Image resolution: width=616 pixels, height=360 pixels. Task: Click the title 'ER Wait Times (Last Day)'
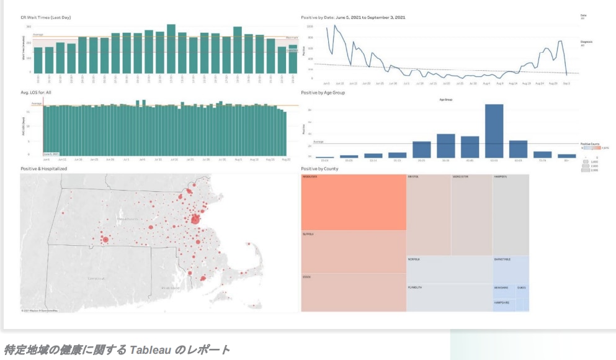[45, 17]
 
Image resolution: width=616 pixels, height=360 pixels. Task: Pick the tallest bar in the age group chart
[494, 131]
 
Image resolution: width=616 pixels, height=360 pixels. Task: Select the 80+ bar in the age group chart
[566, 156]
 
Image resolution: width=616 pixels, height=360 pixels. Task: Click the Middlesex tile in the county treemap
[354, 202]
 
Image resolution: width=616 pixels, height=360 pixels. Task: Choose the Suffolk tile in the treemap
[354, 252]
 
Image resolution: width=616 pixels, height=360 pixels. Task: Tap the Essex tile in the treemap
[354, 292]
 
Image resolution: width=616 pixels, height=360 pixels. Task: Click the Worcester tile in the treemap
[471, 215]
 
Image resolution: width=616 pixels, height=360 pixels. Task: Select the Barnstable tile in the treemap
[511, 269]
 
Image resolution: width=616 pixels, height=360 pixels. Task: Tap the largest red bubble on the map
[195, 219]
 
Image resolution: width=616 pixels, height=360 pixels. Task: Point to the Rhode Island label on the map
[171, 288]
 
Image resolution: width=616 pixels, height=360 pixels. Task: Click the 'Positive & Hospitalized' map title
[43, 168]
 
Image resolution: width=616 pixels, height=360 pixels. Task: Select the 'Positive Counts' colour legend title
[591, 143]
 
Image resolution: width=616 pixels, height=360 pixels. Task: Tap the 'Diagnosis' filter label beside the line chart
[586, 42]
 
